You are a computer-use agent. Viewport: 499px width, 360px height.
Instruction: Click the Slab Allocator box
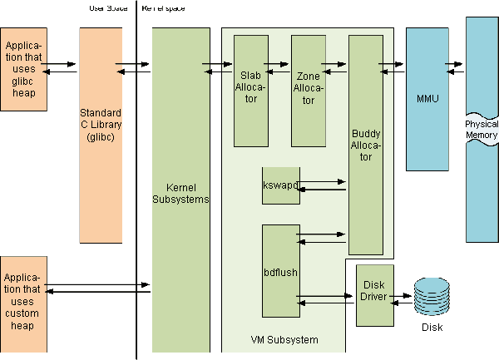(x=250, y=89)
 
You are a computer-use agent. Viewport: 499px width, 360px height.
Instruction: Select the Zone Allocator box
(x=309, y=89)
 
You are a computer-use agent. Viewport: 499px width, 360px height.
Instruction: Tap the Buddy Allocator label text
(x=366, y=145)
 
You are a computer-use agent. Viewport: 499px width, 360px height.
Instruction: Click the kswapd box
(x=279, y=184)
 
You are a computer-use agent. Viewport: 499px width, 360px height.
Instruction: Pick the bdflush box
(x=279, y=271)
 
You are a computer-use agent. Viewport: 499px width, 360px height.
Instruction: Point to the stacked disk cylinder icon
(x=431, y=296)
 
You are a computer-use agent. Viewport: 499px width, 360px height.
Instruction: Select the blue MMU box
(x=427, y=99)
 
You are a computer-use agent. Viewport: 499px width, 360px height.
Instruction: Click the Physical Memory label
(x=482, y=130)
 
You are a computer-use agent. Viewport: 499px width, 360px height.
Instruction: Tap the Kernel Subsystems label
(x=180, y=193)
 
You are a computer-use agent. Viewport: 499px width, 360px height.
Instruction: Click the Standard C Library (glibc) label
(x=100, y=125)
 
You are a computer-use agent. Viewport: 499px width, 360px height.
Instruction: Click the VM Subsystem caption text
(x=284, y=339)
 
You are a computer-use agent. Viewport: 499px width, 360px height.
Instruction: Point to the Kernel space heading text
(x=164, y=8)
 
